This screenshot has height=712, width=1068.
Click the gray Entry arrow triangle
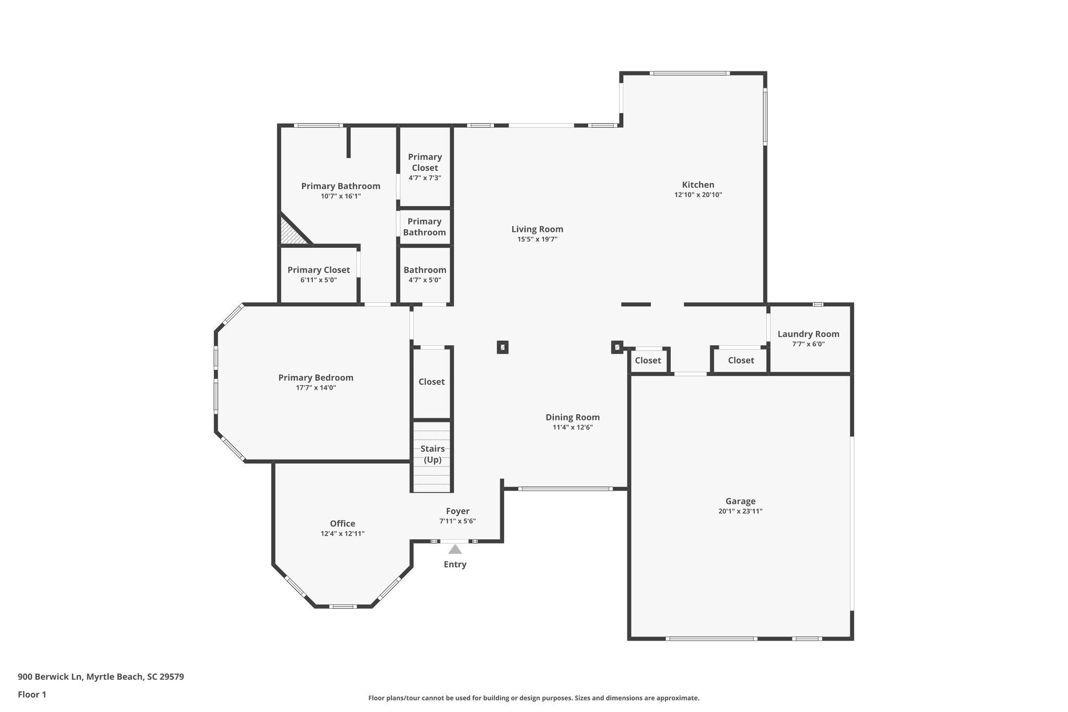point(455,549)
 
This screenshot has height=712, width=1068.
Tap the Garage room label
point(740,501)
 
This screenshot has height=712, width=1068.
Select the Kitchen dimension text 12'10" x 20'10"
point(698,195)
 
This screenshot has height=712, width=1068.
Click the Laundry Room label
point(808,334)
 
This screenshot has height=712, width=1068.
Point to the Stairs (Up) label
point(432,454)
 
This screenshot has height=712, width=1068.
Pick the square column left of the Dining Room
point(502,347)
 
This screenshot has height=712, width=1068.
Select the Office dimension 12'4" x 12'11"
point(342,534)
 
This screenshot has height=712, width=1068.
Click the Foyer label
point(457,511)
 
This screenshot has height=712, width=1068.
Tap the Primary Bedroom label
point(315,378)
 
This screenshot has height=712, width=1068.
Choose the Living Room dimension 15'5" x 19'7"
point(537,239)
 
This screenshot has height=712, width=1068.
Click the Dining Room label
point(573,417)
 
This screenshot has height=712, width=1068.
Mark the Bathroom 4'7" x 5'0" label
point(424,270)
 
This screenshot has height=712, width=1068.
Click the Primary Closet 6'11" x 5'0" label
point(319,270)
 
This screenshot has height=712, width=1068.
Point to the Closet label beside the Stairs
point(431,382)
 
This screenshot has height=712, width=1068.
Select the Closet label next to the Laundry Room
point(741,360)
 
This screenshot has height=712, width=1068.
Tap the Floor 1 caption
point(32,694)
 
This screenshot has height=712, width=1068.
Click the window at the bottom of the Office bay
point(343,606)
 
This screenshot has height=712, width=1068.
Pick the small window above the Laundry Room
point(818,304)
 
